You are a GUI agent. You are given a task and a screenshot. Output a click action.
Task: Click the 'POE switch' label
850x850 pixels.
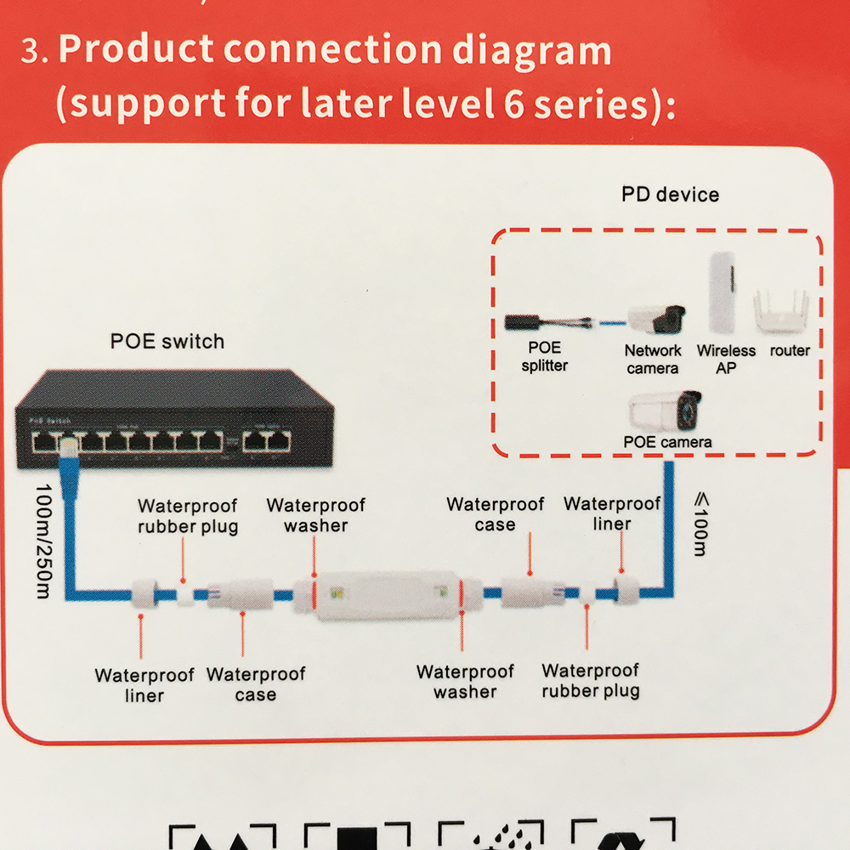pyautogui.click(x=167, y=342)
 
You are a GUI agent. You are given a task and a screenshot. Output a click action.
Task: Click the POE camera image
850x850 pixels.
pyautogui.click(x=666, y=411)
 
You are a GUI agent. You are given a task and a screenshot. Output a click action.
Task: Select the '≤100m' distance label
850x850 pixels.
pyautogui.click(x=699, y=528)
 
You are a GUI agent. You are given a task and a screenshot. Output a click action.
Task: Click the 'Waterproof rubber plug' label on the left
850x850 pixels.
pyautogui.click(x=188, y=516)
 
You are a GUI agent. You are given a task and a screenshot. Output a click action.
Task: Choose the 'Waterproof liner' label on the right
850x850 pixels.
pyautogui.click(x=612, y=513)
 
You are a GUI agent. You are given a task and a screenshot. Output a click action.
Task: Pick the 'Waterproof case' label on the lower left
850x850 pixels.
pyautogui.click(x=255, y=684)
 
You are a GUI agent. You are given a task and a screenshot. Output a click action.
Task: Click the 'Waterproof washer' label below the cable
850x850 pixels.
pyautogui.click(x=465, y=682)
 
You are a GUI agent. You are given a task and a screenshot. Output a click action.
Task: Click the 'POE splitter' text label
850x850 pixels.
pyautogui.click(x=545, y=357)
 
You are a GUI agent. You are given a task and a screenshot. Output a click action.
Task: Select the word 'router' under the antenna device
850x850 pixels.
pyautogui.click(x=790, y=350)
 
